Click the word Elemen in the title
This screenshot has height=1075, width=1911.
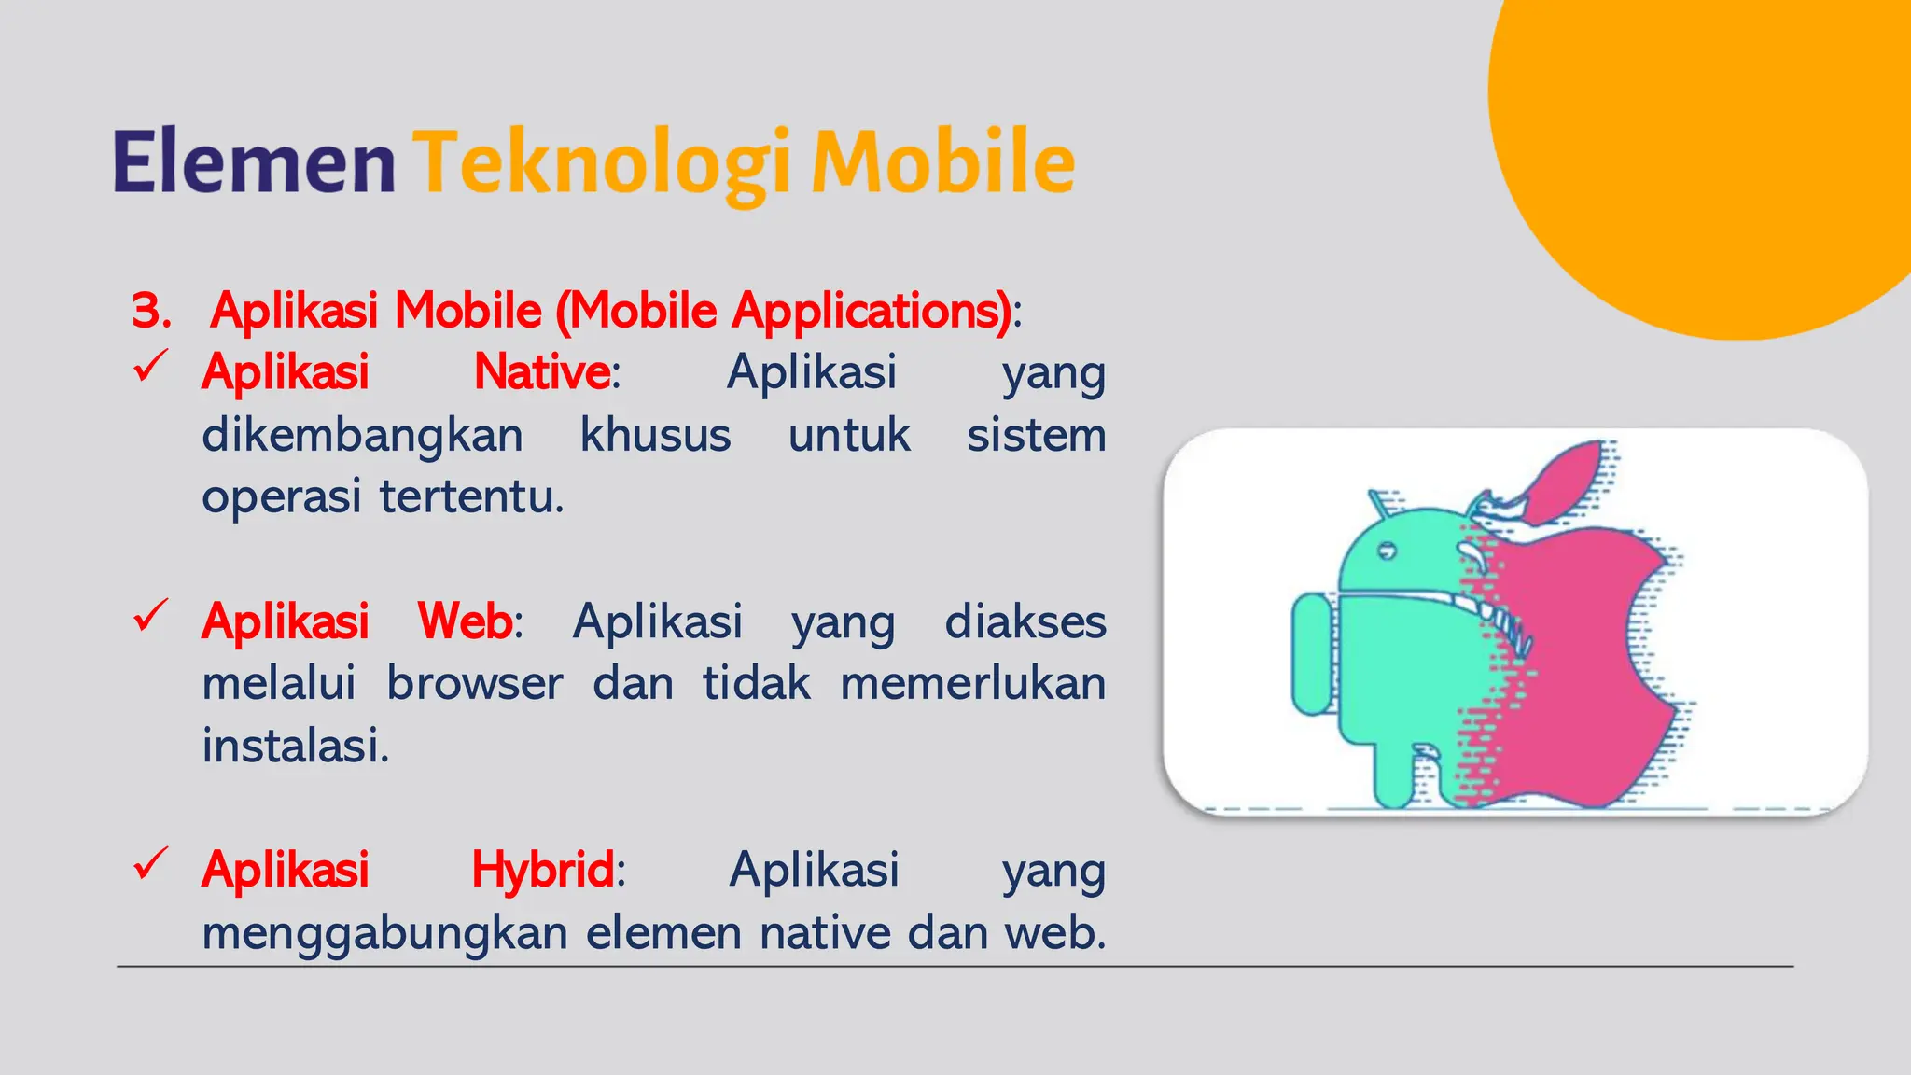coord(254,163)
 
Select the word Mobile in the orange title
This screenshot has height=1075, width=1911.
coord(942,163)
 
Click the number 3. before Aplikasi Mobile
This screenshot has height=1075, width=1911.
coord(151,311)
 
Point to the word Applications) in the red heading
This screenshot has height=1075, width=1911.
coord(872,311)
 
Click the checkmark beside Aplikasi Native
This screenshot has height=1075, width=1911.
coord(150,366)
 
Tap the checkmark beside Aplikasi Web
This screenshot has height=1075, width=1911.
coord(150,615)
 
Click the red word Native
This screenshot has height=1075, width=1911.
coord(542,372)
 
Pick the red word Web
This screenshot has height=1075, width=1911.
coord(465,621)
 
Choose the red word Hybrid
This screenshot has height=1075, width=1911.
coord(542,870)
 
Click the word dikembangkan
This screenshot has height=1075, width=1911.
coord(362,436)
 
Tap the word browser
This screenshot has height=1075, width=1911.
coord(474,684)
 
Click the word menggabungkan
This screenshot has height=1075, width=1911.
coord(384,933)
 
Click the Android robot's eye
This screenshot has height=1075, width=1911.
coord(1387,552)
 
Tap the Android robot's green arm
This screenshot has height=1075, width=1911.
coord(1312,653)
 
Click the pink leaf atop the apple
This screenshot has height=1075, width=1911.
coord(1568,481)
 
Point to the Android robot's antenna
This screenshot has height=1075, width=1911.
coord(1377,503)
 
